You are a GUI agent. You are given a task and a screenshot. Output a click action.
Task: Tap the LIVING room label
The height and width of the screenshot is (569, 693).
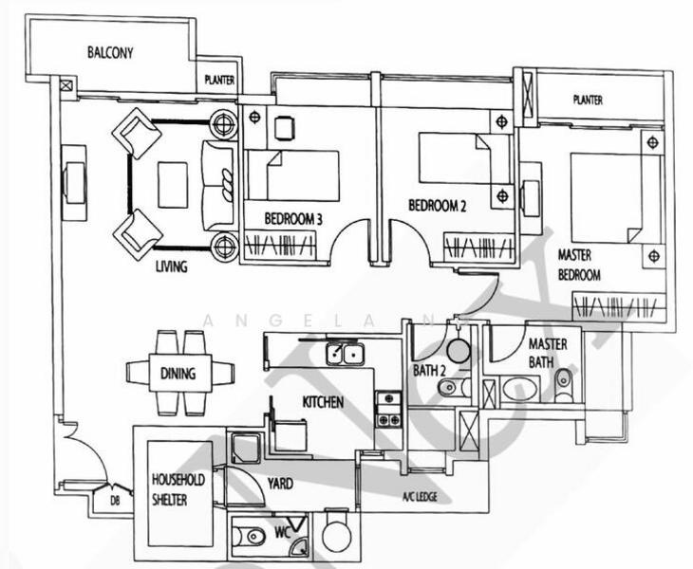point(171,266)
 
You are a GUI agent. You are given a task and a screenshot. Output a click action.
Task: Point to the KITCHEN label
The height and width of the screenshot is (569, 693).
point(323,402)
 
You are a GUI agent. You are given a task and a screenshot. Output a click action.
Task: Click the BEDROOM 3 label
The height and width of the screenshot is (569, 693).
point(293,219)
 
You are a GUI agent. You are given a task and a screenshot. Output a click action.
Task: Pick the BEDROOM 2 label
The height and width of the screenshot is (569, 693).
point(438,205)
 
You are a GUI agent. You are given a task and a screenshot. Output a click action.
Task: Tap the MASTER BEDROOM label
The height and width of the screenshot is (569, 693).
point(579,266)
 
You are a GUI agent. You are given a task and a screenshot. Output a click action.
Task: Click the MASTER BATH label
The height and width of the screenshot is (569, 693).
point(548,352)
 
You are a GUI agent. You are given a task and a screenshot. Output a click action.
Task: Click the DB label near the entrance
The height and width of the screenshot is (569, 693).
point(114,500)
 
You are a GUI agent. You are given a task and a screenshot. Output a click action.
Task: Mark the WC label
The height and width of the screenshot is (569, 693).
point(282,533)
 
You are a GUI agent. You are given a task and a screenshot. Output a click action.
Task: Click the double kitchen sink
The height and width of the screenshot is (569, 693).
point(343,356)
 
